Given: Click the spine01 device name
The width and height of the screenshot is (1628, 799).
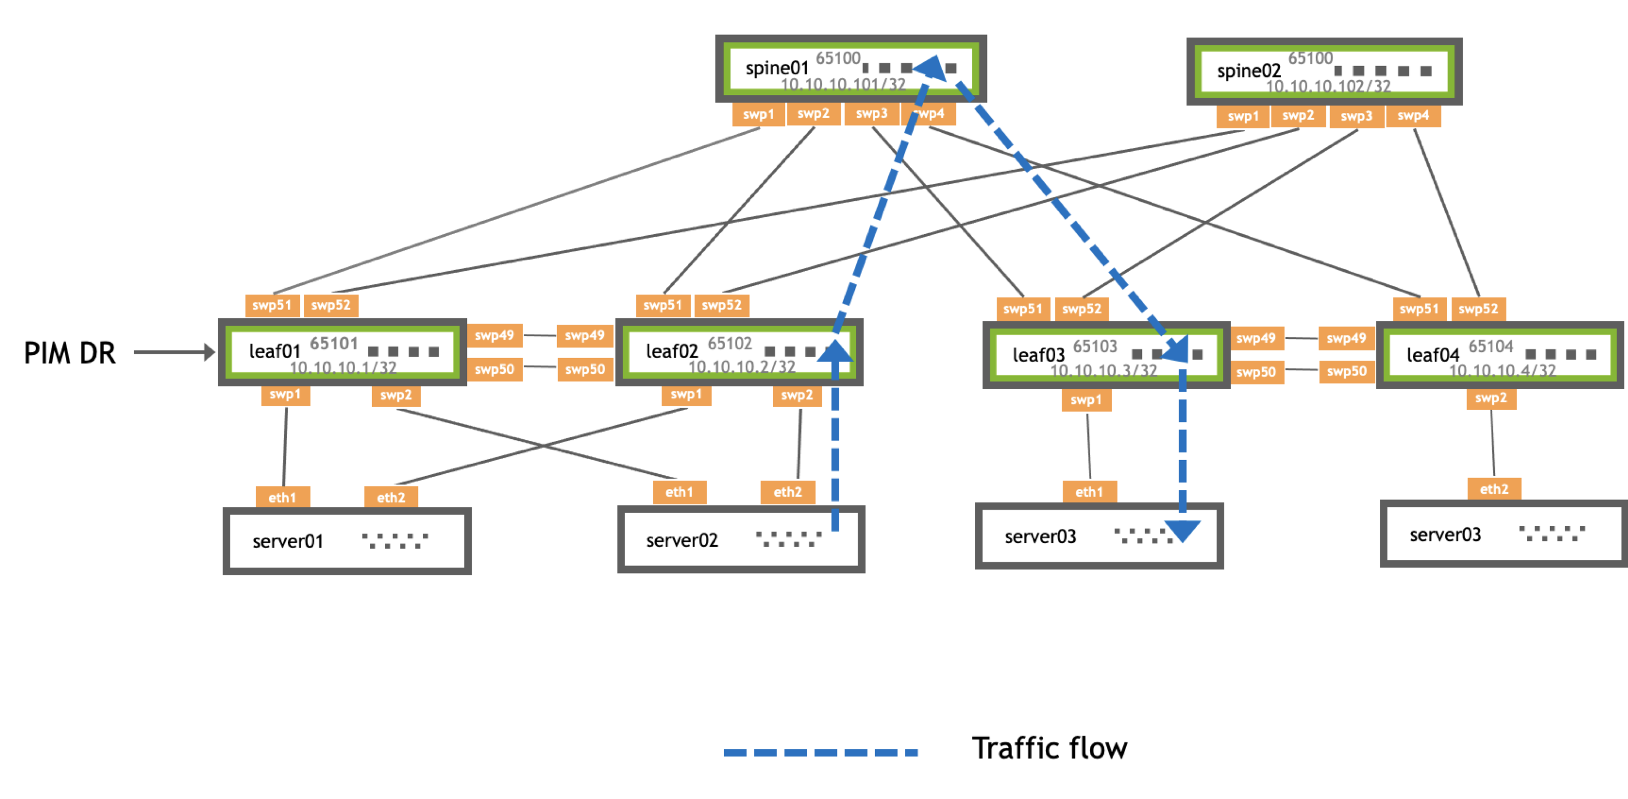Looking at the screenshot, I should coord(777,68).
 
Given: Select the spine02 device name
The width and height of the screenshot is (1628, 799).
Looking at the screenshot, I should coord(1248,71).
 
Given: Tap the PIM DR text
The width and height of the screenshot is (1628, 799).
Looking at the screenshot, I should coord(69,353).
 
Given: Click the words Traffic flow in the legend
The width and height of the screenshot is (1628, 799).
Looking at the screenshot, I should coord(1049,748).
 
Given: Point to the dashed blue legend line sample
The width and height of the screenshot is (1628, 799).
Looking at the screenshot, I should coord(821,752).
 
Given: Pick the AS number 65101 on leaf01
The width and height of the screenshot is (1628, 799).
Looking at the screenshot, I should coord(334,343).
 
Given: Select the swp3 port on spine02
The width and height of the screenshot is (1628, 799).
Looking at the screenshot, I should coord(1356,116).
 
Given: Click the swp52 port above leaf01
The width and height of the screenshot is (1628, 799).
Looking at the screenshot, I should coord(331,305).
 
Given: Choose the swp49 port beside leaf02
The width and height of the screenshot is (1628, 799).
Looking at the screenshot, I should coord(585,336).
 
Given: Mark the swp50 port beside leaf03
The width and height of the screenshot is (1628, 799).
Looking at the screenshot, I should coord(1256,372).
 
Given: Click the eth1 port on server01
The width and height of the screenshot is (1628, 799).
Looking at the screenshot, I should coord(283,498).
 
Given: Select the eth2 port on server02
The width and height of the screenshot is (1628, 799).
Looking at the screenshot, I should coord(787,492).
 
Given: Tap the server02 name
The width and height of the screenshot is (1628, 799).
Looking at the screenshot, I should coord(682,540).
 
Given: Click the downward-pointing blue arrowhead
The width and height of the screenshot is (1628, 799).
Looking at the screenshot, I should coord(1182,530).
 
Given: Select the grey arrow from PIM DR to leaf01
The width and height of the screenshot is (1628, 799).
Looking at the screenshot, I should coord(174,352).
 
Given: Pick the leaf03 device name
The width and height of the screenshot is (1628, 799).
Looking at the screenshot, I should coord(1038,355).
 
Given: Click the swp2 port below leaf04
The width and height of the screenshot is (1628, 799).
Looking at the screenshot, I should coord(1491,398).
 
